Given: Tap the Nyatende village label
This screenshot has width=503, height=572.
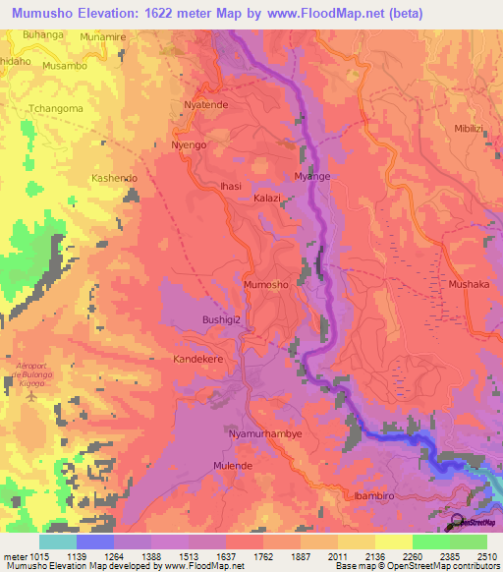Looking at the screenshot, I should click(206, 103).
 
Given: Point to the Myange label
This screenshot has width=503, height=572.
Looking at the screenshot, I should click(312, 177).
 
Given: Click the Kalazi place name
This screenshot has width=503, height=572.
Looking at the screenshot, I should click(268, 198).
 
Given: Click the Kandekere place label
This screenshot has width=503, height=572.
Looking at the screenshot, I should click(200, 360).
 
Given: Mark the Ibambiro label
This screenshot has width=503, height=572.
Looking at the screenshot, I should click(374, 497).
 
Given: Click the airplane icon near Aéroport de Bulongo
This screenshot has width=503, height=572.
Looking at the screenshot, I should click(30, 398).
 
